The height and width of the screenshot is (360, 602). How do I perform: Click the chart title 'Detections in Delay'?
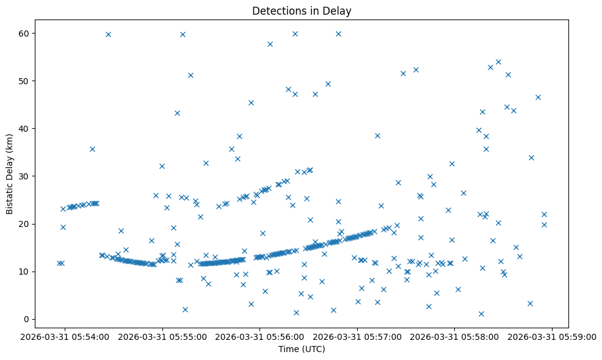point(302,11)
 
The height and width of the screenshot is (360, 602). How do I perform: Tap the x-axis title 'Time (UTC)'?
point(302,349)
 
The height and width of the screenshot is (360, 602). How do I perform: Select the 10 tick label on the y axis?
point(25,272)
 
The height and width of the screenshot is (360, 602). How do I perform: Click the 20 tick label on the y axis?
point(25,224)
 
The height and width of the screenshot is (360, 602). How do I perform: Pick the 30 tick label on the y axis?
point(25,176)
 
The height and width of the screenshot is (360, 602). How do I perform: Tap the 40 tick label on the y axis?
point(25,129)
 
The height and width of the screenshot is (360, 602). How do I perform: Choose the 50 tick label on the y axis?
point(25,81)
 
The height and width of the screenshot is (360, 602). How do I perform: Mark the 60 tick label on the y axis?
point(25,34)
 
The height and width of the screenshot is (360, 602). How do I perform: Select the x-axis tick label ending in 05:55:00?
point(163,336)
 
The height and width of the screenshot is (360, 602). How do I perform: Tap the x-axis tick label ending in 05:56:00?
point(261,336)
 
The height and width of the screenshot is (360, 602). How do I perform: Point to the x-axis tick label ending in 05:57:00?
point(358,336)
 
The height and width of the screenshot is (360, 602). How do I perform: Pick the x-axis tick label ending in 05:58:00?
point(455,336)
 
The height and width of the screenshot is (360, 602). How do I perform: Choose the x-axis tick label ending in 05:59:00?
point(553,336)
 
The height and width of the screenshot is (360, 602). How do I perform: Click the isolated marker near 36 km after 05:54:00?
point(92,149)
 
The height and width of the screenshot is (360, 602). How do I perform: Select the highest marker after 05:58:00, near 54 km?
point(498,62)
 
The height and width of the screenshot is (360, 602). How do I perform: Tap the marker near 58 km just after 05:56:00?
point(270,44)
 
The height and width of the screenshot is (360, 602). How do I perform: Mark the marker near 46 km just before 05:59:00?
point(538,97)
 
